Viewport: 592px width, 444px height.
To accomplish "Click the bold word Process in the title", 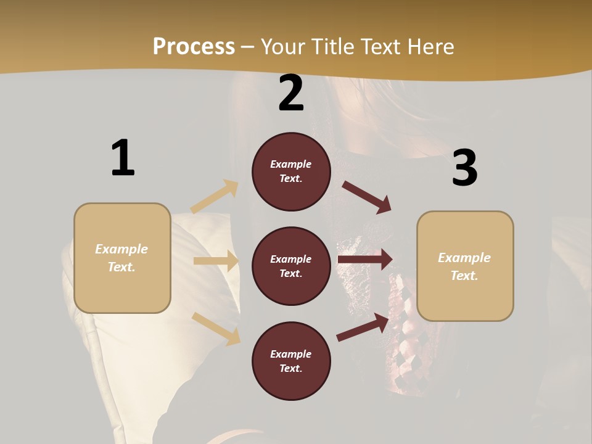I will pos(194,46).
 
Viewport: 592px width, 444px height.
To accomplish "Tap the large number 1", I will pos(123,158).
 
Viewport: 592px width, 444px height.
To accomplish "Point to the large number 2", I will pos(291,93).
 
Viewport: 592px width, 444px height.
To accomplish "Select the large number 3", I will pos(464,168).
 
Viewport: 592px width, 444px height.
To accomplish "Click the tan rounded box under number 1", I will pos(122,258).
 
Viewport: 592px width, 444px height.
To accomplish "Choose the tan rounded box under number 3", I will pos(465,266).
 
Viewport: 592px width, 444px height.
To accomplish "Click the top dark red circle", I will pos(291,171).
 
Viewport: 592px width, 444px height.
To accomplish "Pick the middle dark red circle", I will pos(291,266).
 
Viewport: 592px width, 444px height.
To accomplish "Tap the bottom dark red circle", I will pos(291,361).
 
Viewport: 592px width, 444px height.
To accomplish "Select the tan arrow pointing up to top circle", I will pos(215,197).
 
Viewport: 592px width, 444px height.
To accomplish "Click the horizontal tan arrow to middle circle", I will pos(216,261).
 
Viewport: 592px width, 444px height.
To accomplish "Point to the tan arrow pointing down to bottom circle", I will pos(216,328).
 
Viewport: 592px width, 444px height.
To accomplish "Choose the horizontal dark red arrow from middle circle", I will pos(365,260).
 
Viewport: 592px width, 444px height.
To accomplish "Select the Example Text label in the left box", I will pos(121,258).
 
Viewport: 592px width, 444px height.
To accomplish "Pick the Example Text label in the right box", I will pos(464,266).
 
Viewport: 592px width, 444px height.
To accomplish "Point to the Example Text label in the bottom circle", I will pos(291,361).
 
